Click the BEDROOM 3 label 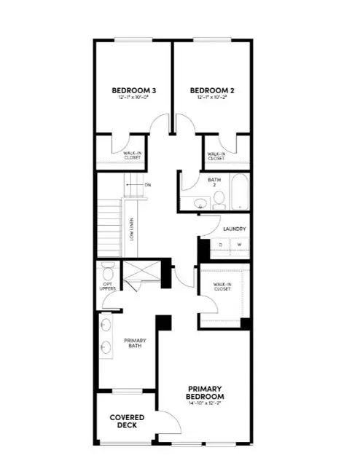[134, 91]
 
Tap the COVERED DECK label [127, 422]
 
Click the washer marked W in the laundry [238, 245]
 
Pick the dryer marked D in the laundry [219, 245]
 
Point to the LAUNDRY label [234, 229]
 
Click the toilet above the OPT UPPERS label [109, 273]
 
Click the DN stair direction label [146, 185]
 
